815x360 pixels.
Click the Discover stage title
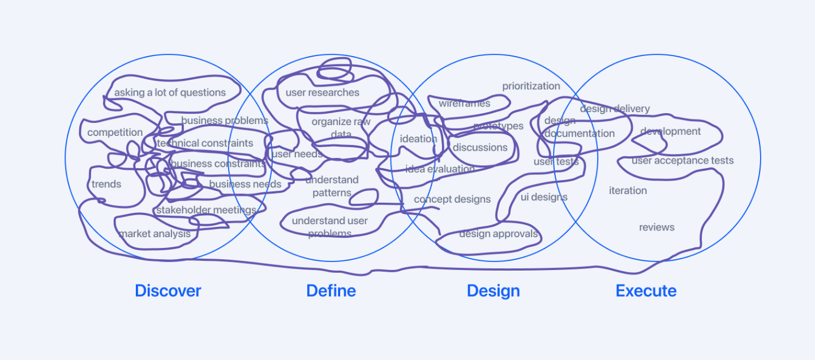pyautogui.click(x=168, y=291)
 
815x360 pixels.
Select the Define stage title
pyautogui.click(x=331, y=291)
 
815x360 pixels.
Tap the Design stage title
pyautogui.click(x=493, y=291)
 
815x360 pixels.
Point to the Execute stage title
pyautogui.click(x=646, y=291)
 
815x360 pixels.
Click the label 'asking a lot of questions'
pyautogui.click(x=170, y=92)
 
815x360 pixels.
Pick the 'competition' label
pyautogui.click(x=115, y=132)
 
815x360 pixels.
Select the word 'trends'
pyautogui.click(x=106, y=184)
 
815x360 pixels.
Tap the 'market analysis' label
pyautogui.click(x=155, y=233)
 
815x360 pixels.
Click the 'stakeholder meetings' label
pyautogui.click(x=206, y=210)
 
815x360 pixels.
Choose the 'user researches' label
pyautogui.click(x=322, y=92)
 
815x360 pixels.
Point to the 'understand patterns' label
pyautogui.click(x=332, y=186)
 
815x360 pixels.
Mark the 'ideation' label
pyautogui.click(x=418, y=139)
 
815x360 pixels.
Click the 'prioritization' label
pyautogui.click(x=531, y=86)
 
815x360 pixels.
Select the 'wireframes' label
pyautogui.click(x=464, y=104)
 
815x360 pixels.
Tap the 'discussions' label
pyautogui.click(x=480, y=147)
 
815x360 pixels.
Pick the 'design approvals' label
pyautogui.click(x=498, y=234)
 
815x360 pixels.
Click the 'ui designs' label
pyautogui.click(x=544, y=197)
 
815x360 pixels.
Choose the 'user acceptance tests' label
pyautogui.click(x=682, y=161)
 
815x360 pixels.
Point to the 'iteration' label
pyautogui.click(x=628, y=190)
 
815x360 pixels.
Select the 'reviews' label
pyautogui.click(x=657, y=228)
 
